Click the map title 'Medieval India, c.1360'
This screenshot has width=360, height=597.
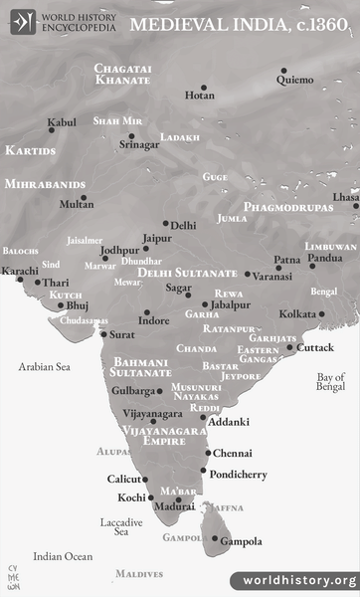pos(244,21)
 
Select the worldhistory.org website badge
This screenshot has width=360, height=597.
pos(294,580)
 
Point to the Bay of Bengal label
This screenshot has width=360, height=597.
pos(330,382)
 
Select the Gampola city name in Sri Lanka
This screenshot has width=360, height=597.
pos(242,542)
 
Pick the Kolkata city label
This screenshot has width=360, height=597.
pos(296,314)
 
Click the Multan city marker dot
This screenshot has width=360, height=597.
pos(84,197)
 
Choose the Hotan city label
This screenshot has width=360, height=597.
pos(199,96)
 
